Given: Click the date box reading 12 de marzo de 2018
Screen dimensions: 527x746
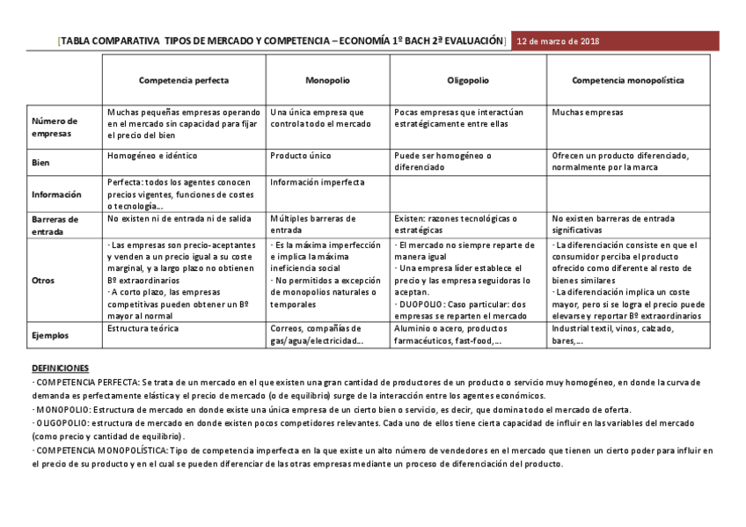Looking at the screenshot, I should point(558,41).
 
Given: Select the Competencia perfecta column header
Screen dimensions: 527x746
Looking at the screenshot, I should point(183,80).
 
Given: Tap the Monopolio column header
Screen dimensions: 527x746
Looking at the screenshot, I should point(327,80).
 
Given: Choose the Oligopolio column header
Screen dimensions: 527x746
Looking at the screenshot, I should point(468,80).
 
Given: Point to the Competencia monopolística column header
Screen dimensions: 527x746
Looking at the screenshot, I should point(628,80).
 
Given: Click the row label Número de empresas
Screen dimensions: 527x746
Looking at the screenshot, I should point(55,127).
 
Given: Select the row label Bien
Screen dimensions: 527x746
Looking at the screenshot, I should point(40,163).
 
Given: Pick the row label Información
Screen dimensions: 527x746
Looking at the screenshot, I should point(56,194).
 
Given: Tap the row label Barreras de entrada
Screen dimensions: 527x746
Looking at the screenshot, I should point(55,224).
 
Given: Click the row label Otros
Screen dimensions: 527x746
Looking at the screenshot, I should point(43,280).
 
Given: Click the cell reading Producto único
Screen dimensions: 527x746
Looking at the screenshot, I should point(301,156).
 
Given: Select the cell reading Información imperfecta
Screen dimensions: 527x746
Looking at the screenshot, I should point(317,182).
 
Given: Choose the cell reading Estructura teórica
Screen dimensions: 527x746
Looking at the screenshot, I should point(143,328).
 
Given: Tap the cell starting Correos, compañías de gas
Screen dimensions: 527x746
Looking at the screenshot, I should point(317,334).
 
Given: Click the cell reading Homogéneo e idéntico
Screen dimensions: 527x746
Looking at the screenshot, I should point(150,156).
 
